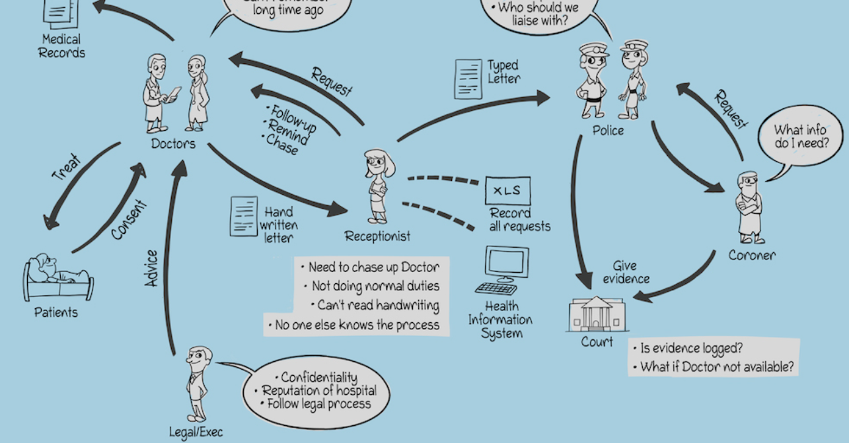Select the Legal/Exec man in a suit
point(198,383)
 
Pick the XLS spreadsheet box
point(507,191)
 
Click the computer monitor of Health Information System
point(506,263)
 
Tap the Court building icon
point(597,314)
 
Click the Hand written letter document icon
point(243,216)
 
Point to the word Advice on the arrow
point(152,268)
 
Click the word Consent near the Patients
point(129,219)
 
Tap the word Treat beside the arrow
point(66,168)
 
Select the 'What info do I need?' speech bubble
point(799,137)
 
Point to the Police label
point(608,131)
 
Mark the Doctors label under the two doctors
point(173,143)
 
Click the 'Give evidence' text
point(626,272)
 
